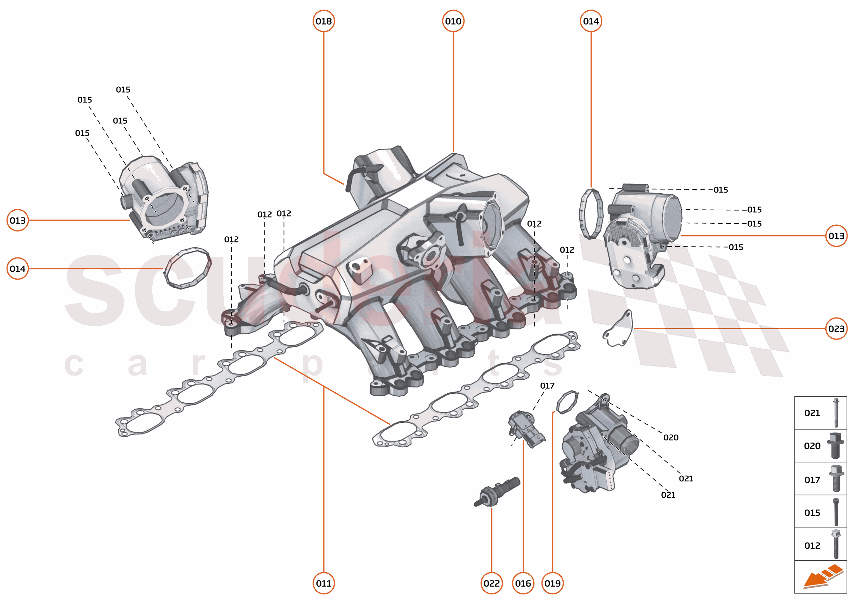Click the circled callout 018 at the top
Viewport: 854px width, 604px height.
tap(323, 21)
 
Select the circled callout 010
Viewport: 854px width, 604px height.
tap(453, 21)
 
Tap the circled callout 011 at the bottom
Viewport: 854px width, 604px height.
tap(323, 583)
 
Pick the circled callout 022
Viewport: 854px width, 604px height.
tap(491, 583)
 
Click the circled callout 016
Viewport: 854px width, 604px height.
tap(523, 583)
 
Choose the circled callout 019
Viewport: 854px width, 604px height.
tap(552, 583)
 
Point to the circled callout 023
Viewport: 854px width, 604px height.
tap(836, 329)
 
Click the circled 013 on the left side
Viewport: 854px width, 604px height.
tap(17, 221)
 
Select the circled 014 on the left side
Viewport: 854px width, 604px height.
tap(17, 268)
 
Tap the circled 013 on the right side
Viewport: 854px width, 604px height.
tap(836, 236)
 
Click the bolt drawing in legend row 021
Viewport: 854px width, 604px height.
tap(836, 413)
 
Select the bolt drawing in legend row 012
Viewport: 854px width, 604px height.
tap(836, 545)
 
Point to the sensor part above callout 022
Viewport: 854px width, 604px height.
tap(497, 492)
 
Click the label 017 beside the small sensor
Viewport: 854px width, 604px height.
tap(547, 386)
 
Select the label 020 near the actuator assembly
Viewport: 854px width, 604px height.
tap(671, 437)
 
